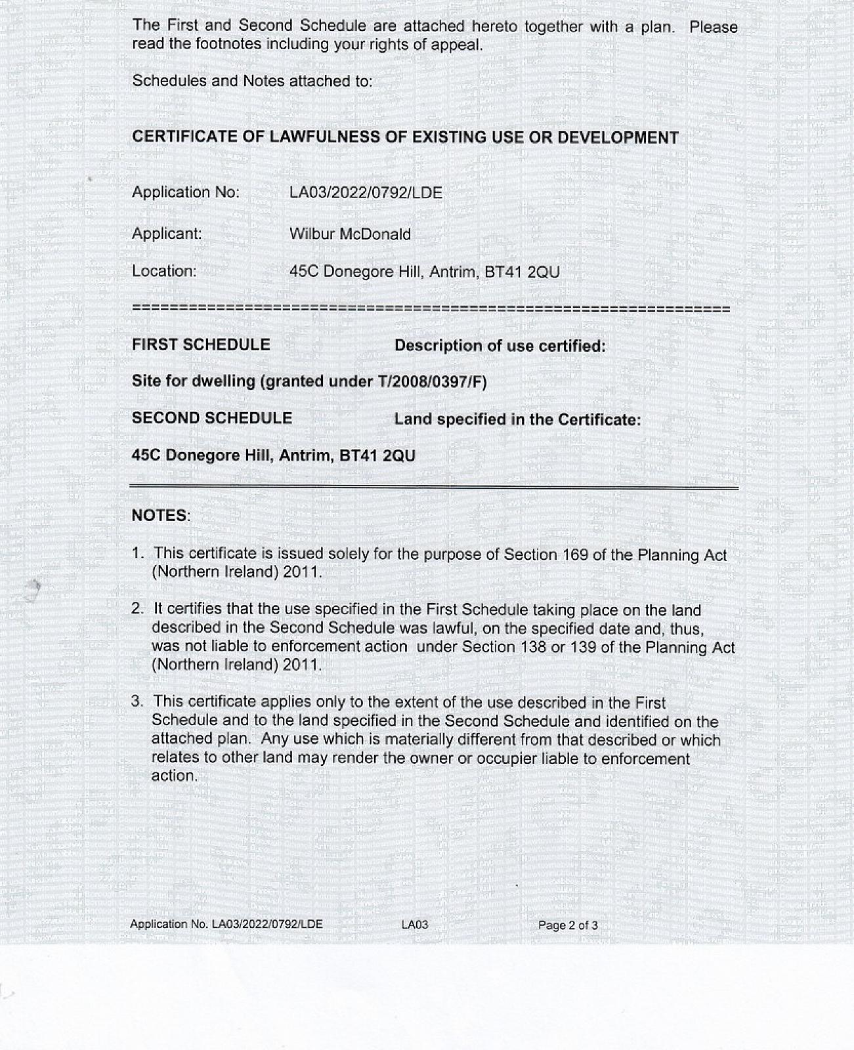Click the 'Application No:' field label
(x=186, y=192)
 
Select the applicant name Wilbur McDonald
(x=350, y=234)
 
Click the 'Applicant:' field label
(x=167, y=234)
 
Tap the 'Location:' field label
(x=164, y=271)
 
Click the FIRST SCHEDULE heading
(x=201, y=345)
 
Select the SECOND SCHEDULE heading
(x=212, y=418)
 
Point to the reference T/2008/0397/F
(x=432, y=381)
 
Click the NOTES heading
(x=160, y=516)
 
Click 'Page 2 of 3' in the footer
(x=568, y=925)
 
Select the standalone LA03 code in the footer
(x=414, y=925)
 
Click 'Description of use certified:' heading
(x=500, y=346)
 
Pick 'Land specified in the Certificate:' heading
(x=517, y=419)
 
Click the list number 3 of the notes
(x=137, y=702)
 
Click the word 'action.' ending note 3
(x=175, y=776)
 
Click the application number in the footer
(x=267, y=924)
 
